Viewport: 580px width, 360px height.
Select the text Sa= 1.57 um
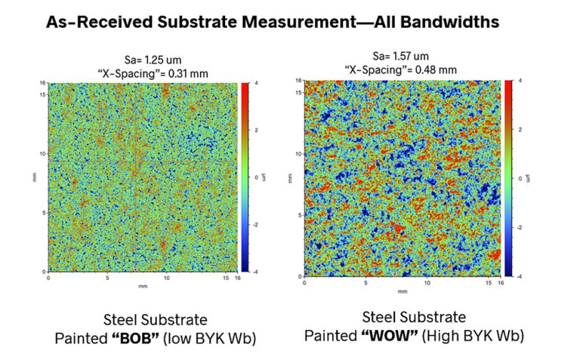coord(400,56)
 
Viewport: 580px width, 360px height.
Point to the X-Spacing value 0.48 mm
coord(440,69)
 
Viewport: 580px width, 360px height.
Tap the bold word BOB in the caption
coord(150,338)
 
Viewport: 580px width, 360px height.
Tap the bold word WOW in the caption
coord(401,334)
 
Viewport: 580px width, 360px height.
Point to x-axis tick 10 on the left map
coord(167,278)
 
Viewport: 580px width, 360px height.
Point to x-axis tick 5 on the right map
coord(366,284)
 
